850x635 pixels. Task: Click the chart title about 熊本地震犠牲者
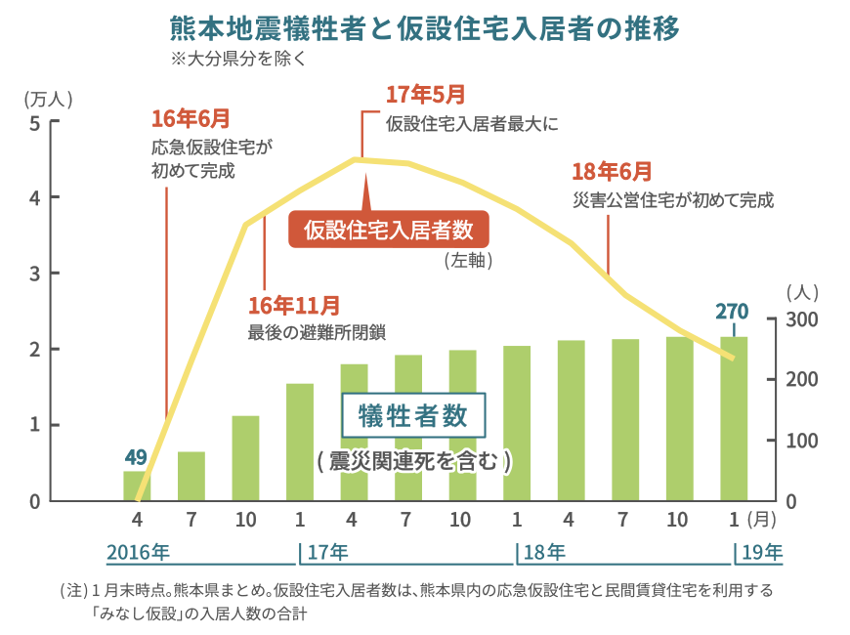click(x=425, y=27)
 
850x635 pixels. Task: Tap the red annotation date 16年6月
click(x=191, y=119)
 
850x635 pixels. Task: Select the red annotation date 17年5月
click(x=425, y=95)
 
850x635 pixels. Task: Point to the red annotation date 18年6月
click(x=612, y=172)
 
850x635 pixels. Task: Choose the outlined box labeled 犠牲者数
click(x=414, y=417)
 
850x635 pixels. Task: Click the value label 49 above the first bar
click(x=136, y=456)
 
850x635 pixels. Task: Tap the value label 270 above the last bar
click(x=732, y=312)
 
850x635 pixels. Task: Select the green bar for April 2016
click(x=137, y=486)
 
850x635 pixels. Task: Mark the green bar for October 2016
click(x=245, y=458)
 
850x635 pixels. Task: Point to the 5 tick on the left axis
click(x=34, y=123)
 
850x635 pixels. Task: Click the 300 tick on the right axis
click(x=797, y=319)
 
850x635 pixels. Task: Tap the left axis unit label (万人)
click(x=48, y=99)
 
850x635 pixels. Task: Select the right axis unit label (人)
click(x=801, y=291)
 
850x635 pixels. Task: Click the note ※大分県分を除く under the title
click(x=239, y=58)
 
